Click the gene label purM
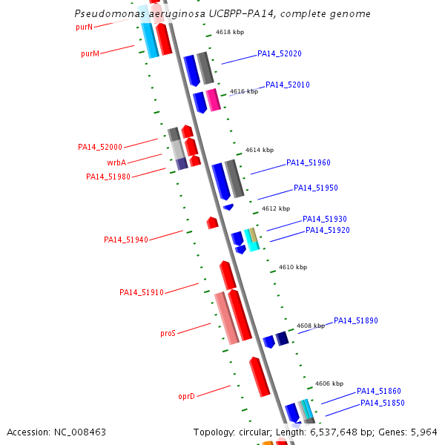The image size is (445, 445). [90, 53]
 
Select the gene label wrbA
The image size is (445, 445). [116, 162]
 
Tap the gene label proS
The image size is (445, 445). [168, 334]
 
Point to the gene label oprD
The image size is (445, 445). [186, 397]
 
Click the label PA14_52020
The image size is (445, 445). [280, 54]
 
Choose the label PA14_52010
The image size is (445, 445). [288, 85]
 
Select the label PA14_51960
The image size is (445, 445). [309, 163]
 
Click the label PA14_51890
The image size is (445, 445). [356, 321]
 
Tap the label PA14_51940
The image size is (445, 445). [126, 240]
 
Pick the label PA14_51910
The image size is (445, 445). [142, 292]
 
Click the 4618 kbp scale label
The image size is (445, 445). [230, 33]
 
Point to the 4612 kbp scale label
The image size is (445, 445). [276, 209]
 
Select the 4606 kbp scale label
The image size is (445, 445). [329, 384]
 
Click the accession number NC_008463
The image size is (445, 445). [77, 432]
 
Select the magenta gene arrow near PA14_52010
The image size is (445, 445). [213, 100]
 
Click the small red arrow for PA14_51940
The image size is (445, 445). [212, 222]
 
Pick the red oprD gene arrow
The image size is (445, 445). [260, 377]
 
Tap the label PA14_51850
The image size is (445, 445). [383, 403]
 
